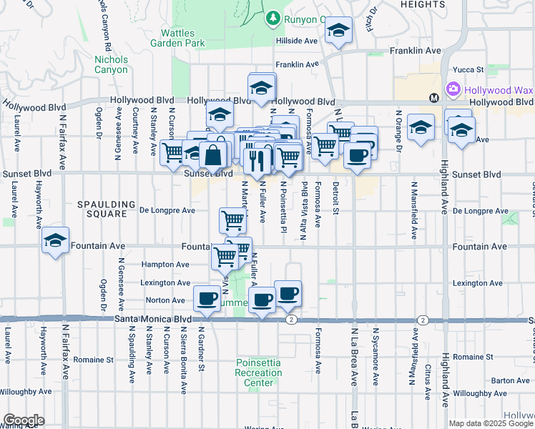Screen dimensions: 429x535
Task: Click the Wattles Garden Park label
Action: click(177, 38)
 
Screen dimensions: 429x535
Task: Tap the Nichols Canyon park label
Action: click(110, 64)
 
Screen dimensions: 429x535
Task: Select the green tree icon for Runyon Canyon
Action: click(272, 17)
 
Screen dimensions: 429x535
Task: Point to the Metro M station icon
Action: click(433, 97)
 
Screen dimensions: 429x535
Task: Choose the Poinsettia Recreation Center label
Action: click(258, 373)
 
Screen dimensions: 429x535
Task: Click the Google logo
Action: click(24, 420)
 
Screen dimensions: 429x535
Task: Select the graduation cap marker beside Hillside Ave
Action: click(338, 31)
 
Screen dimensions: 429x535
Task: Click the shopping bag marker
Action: click(214, 154)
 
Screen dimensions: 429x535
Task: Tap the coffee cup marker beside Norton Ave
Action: click(207, 298)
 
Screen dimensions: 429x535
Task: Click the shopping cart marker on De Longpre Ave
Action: click(233, 220)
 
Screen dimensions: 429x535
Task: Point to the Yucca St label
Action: click(471, 70)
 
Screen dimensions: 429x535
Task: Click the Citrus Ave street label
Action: click(428, 380)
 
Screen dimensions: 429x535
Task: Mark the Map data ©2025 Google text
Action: click(491, 423)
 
